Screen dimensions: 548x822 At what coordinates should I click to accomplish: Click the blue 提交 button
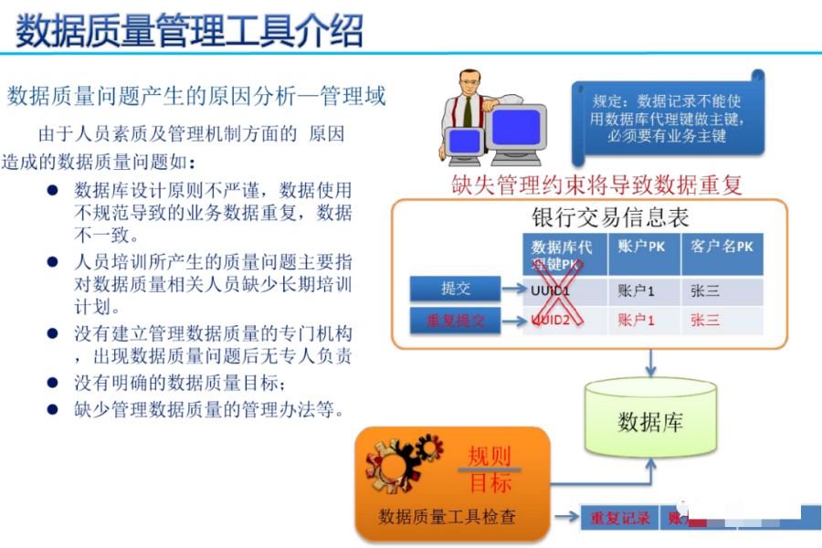point(455,289)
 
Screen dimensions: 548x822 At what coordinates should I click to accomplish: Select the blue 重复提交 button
point(455,321)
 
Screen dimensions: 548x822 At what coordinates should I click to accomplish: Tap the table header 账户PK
point(643,247)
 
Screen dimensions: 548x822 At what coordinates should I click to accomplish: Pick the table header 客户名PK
point(722,247)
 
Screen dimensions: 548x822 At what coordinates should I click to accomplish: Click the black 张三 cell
point(706,291)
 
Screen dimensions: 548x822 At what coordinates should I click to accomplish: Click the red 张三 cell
point(706,321)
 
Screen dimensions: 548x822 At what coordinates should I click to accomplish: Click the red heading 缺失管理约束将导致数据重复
point(597,184)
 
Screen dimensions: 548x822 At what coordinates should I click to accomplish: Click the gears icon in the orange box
point(399,465)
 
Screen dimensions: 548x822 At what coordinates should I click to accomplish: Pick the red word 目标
point(490,482)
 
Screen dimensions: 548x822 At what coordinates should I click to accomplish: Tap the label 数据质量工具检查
point(448,517)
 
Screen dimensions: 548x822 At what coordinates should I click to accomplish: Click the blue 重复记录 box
point(620,518)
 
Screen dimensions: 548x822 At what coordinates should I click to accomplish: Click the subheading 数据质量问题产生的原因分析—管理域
point(196,95)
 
